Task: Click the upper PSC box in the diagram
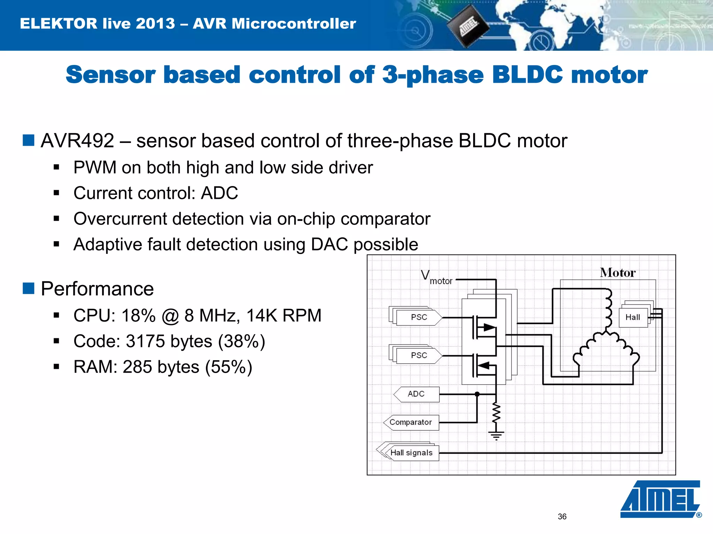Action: pyautogui.click(x=418, y=317)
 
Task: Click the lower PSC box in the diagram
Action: pyautogui.click(x=418, y=355)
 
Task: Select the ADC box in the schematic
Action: pyautogui.click(x=416, y=394)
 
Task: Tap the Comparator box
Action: pyautogui.click(x=411, y=422)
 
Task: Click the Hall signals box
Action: pyautogui.click(x=412, y=453)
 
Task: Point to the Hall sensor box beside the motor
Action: pyautogui.click(x=633, y=317)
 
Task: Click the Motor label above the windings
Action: pyautogui.click(x=618, y=273)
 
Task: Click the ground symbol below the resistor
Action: pyautogui.click(x=496, y=435)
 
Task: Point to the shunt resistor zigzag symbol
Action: pyautogui.click(x=496, y=414)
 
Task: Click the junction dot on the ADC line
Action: pyautogui.click(x=477, y=394)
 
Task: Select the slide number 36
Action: pyautogui.click(x=562, y=517)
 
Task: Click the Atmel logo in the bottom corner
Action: pyautogui.click(x=660, y=499)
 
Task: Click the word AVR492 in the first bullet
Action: pyautogui.click(x=77, y=141)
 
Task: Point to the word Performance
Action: pyautogui.click(x=97, y=289)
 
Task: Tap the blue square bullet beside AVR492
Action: pyautogui.click(x=28, y=140)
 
